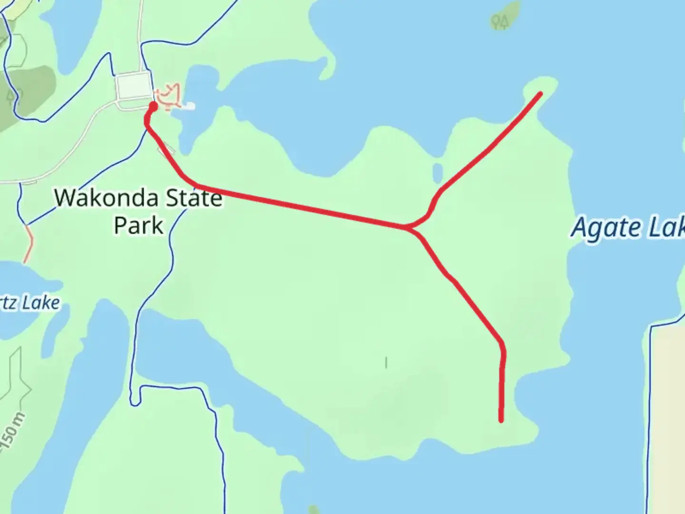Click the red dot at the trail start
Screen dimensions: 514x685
coord(153,106)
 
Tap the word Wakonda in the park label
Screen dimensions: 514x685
coord(100,198)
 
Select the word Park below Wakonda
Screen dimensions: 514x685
coord(138,225)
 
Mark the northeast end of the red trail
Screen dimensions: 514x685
coord(540,93)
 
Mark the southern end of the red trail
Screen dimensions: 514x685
coord(501,420)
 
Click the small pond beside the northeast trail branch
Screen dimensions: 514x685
coord(438,172)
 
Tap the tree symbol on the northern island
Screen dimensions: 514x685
coord(500,21)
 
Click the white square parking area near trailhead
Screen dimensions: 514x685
coord(133,86)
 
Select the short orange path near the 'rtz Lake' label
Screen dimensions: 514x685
coord(29,244)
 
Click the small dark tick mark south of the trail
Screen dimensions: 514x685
coord(386,363)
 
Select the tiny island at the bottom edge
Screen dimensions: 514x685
coord(314,510)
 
